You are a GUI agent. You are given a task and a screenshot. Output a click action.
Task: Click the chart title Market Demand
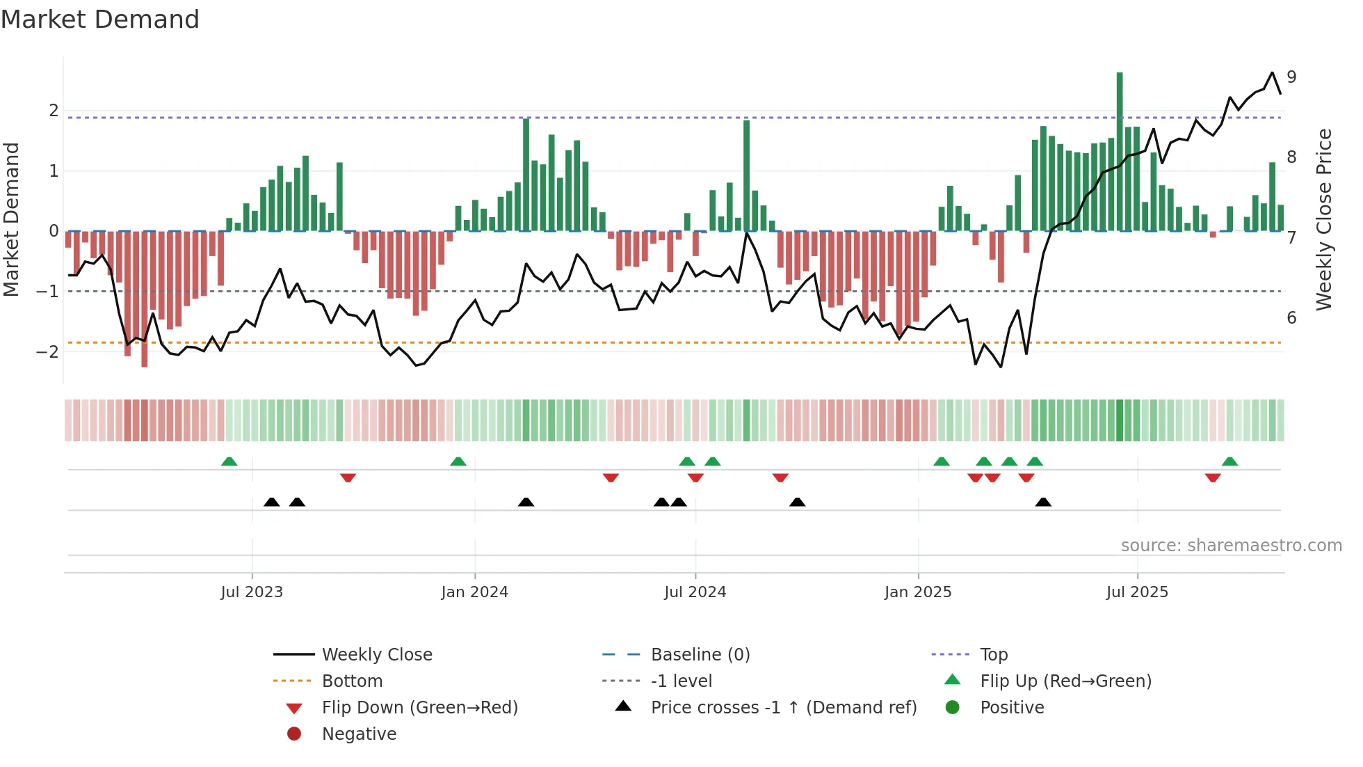pyautogui.click(x=100, y=19)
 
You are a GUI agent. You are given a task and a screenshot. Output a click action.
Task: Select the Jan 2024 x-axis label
pyautogui.click(x=474, y=592)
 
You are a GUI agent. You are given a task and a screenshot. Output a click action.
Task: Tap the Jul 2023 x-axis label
pyautogui.click(x=252, y=592)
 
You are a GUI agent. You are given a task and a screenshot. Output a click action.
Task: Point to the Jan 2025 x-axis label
pyautogui.click(x=918, y=592)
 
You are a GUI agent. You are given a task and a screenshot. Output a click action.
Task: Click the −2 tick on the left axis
pyautogui.click(x=47, y=351)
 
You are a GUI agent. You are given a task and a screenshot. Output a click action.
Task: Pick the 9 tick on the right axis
pyautogui.click(x=1291, y=77)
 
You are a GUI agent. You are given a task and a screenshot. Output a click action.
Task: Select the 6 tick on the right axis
pyautogui.click(x=1291, y=317)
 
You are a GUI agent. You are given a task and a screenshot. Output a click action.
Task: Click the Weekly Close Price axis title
pyautogui.click(x=1324, y=219)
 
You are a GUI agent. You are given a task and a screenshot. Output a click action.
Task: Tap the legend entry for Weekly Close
pyautogui.click(x=376, y=654)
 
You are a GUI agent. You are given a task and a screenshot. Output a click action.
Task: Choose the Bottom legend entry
pyautogui.click(x=352, y=681)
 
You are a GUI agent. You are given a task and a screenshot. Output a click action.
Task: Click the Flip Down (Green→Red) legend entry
pyautogui.click(x=419, y=707)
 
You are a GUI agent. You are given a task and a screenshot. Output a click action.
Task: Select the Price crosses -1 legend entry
pyautogui.click(x=783, y=707)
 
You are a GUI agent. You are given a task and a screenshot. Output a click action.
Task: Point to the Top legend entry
pyautogui.click(x=994, y=654)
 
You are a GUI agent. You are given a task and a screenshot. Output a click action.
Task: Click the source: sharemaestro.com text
pyautogui.click(x=1231, y=545)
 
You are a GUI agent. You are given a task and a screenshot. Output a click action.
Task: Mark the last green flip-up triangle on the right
pyautogui.click(x=1229, y=461)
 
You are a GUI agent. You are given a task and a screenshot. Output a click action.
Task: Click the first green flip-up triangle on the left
pyautogui.click(x=229, y=461)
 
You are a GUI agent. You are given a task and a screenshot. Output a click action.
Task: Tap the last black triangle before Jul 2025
pyautogui.click(x=1043, y=502)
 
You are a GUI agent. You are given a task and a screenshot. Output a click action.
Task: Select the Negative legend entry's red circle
pyautogui.click(x=294, y=734)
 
